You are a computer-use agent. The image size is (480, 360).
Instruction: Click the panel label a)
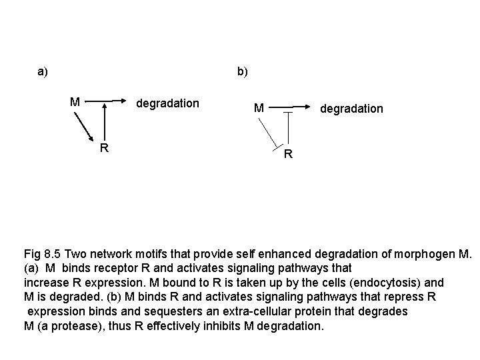tap(43, 71)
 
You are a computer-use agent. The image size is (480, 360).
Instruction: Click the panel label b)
tap(242, 71)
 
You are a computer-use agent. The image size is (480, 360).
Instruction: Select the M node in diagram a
tap(76, 103)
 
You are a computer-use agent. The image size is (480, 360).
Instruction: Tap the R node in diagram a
tap(105, 148)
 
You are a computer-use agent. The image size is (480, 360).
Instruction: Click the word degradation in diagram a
tap(167, 103)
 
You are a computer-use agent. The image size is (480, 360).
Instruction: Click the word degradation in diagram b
tap(351, 108)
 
